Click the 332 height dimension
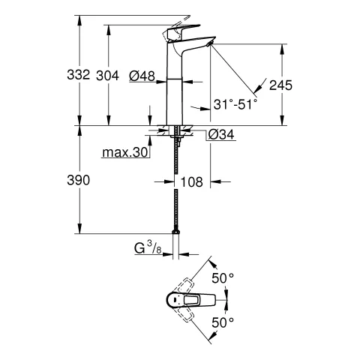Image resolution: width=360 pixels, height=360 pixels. (x=78, y=75)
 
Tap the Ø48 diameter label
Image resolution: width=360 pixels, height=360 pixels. (x=142, y=75)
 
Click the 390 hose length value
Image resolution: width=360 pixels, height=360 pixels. (x=78, y=181)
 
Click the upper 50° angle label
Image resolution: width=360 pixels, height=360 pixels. (x=226, y=277)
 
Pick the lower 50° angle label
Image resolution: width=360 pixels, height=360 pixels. (x=226, y=322)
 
